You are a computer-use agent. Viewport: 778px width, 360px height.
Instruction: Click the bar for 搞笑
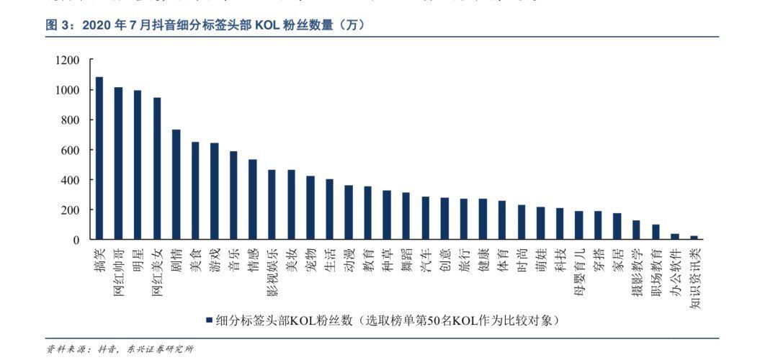pyautogui.click(x=99, y=158)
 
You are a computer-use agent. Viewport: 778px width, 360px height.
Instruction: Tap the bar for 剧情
pyautogui.click(x=176, y=184)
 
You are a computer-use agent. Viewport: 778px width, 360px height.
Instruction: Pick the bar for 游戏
pyautogui.click(x=214, y=191)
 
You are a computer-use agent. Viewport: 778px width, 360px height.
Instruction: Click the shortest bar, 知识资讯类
pyautogui.click(x=694, y=237)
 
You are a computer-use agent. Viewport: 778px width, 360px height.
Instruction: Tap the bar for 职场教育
pyautogui.click(x=656, y=231)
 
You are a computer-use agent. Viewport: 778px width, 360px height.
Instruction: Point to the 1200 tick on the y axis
pyautogui.click(x=68, y=60)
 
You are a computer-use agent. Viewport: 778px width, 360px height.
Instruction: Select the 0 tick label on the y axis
pyautogui.click(x=77, y=240)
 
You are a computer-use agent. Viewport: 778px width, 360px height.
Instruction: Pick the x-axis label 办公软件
pyautogui.click(x=674, y=268)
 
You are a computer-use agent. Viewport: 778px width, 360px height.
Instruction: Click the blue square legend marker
pyautogui.click(x=209, y=320)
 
